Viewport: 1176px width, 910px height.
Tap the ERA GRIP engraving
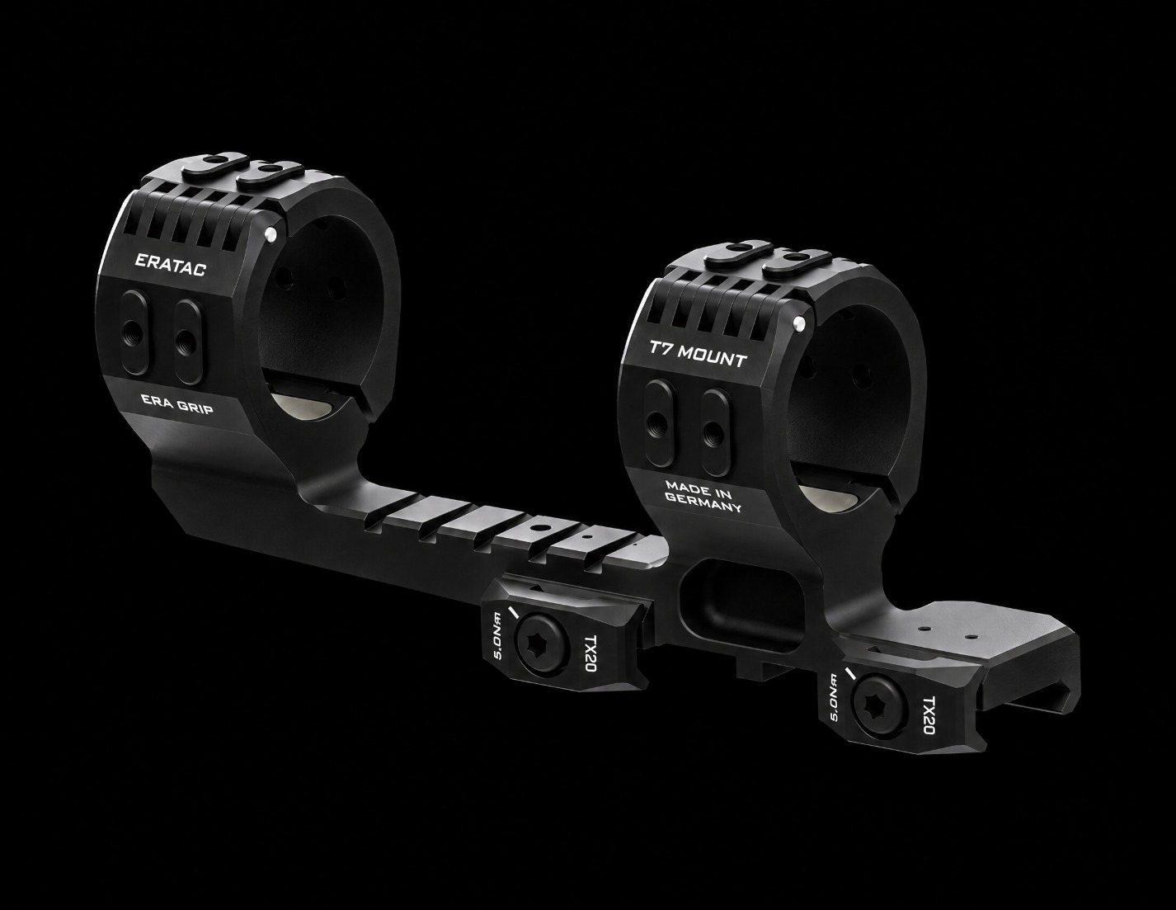176,404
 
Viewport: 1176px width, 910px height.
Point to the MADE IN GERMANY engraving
703,496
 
